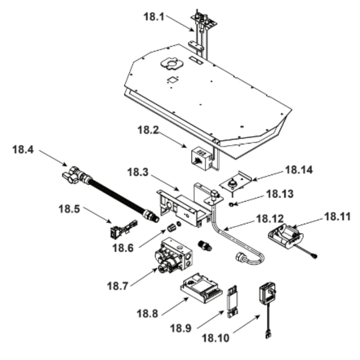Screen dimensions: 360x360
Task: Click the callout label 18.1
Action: (x=154, y=17)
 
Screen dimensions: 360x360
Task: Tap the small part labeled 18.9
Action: (x=234, y=300)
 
